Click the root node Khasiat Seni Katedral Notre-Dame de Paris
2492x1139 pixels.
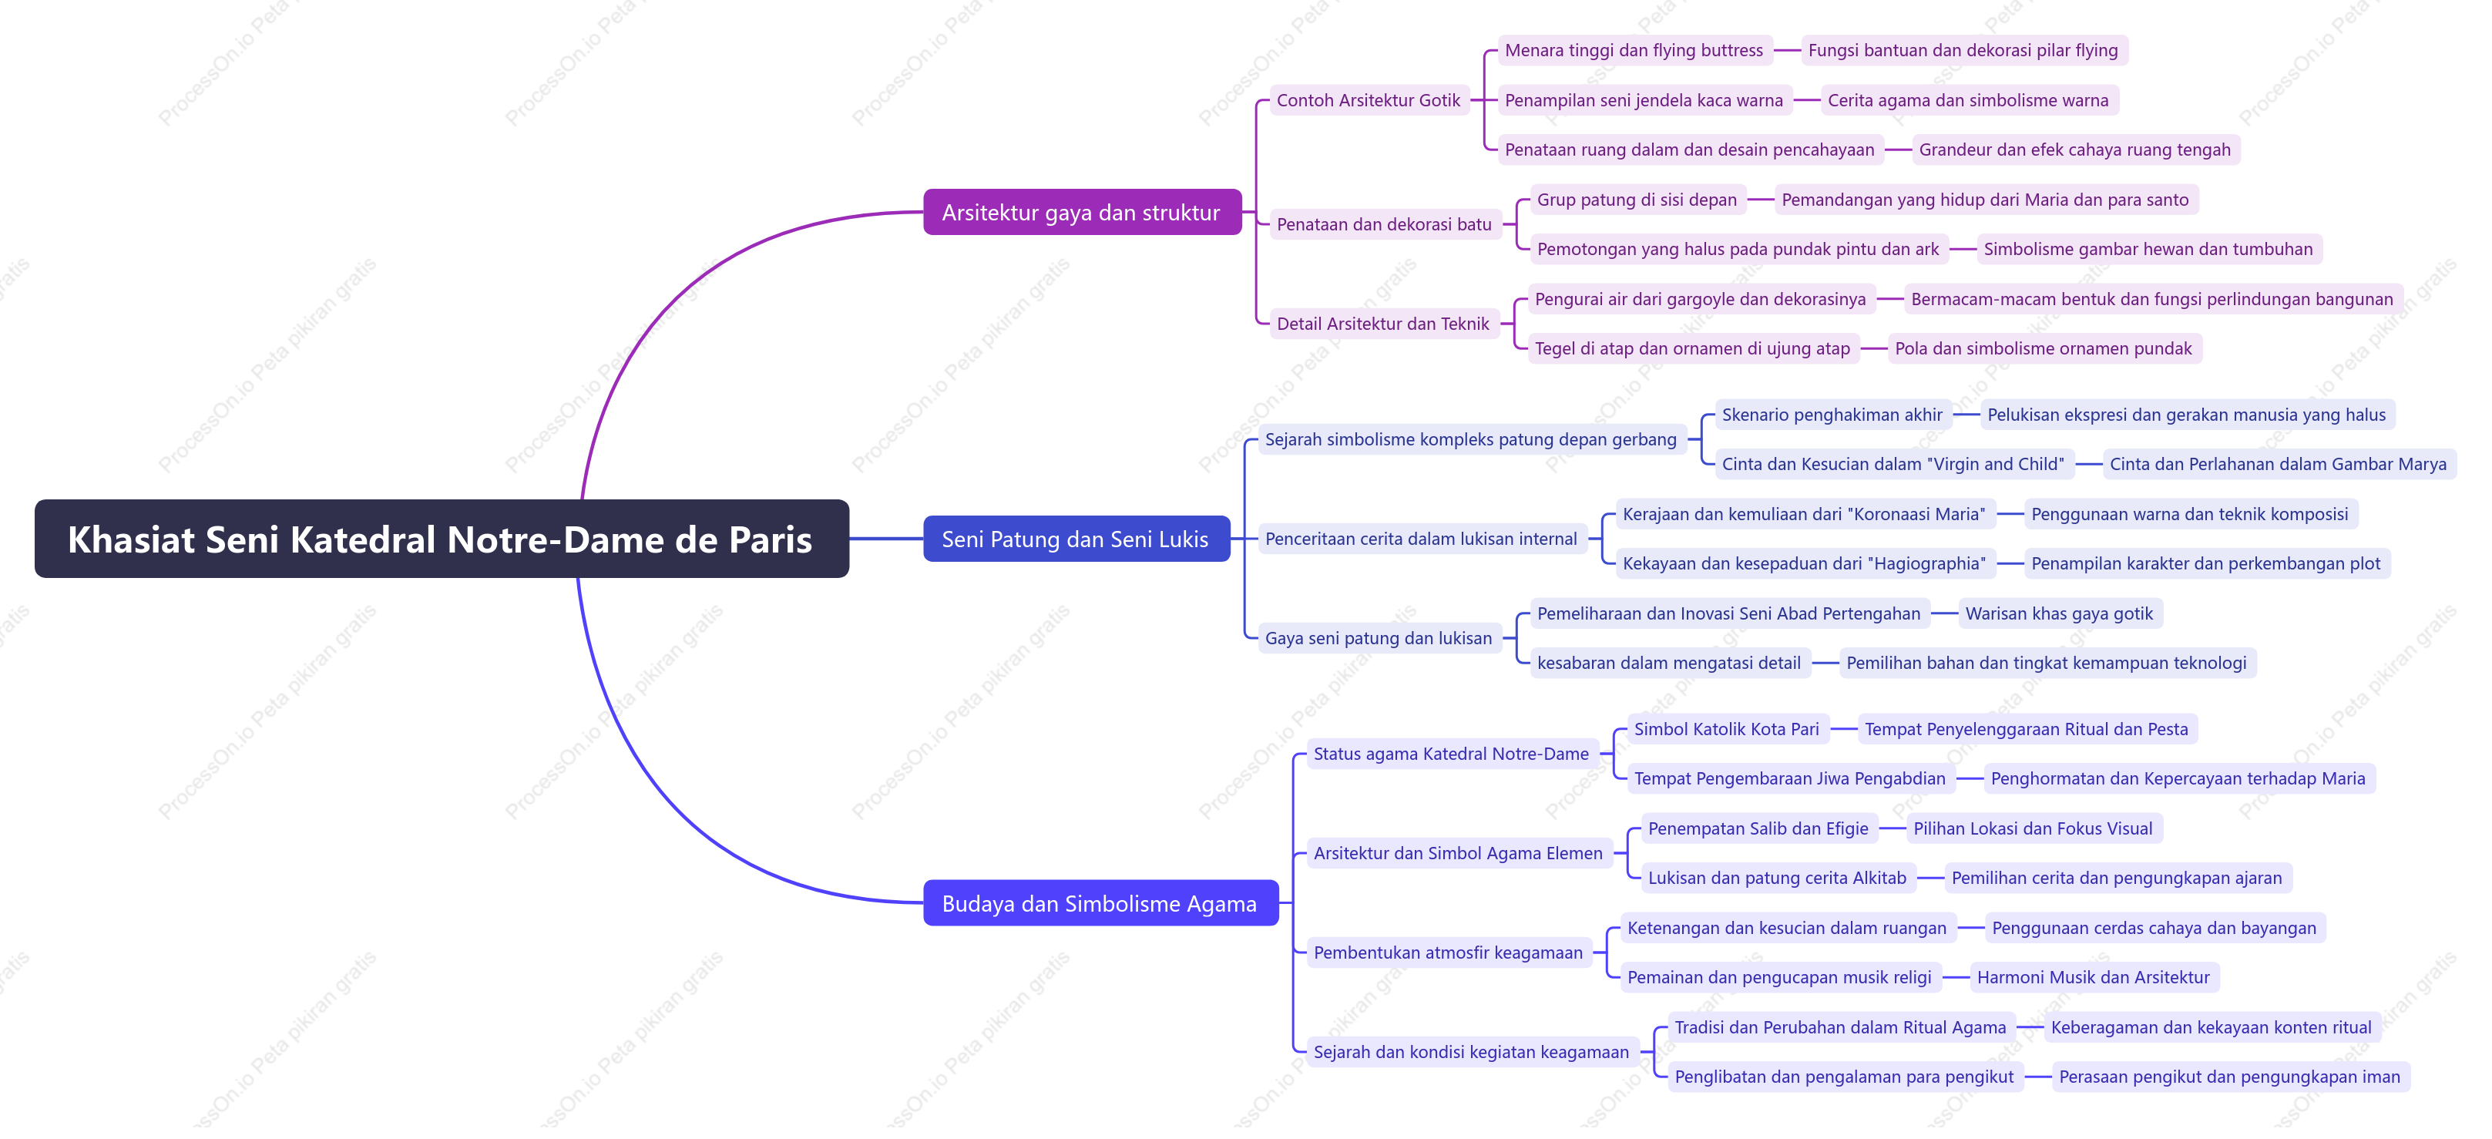(x=441, y=539)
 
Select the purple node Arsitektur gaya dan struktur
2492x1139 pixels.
(x=1082, y=212)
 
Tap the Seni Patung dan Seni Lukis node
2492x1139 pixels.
(x=1076, y=539)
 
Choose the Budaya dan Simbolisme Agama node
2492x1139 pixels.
(x=1100, y=903)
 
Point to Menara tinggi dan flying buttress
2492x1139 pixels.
(x=1634, y=50)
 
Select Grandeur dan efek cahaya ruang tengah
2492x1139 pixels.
(x=2074, y=149)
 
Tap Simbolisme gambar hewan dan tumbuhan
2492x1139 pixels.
(x=2148, y=249)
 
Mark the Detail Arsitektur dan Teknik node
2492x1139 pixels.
(x=1382, y=323)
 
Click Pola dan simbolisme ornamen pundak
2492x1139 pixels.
(x=2043, y=348)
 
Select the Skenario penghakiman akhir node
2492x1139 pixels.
(x=1832, y=414)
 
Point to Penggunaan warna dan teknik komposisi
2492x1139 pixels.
(x=2189, y=514)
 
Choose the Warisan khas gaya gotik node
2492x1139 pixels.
(x=2059, y=613)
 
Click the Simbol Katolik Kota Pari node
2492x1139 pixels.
(x=1726, y=729)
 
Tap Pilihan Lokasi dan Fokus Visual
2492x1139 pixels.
(x=2033, y=828)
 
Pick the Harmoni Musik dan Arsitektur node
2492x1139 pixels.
(x=2093, y=977)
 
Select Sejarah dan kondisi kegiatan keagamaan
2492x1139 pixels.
(x=1470, y=1052)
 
